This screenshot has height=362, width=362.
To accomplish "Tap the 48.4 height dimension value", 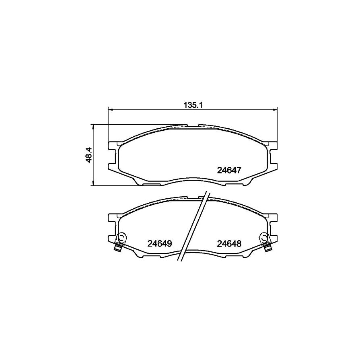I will pyautogui.click(x=89, y=155).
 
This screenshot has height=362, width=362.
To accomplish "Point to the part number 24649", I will pyautogui.click(x=160, y=243).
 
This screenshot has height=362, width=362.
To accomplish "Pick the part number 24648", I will pyautogui.click(x=229, y=243).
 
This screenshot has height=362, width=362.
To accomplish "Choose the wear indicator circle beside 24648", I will pyautogui.click(x=263, y=237).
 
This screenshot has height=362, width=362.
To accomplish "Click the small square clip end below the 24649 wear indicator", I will pyautogui.click(x=118, y=248).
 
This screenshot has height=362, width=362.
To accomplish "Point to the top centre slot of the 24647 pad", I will pyautogui.click(x=193, y=126).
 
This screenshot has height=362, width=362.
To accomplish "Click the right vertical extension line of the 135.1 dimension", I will pyautogui.click(x=278, y=125).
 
